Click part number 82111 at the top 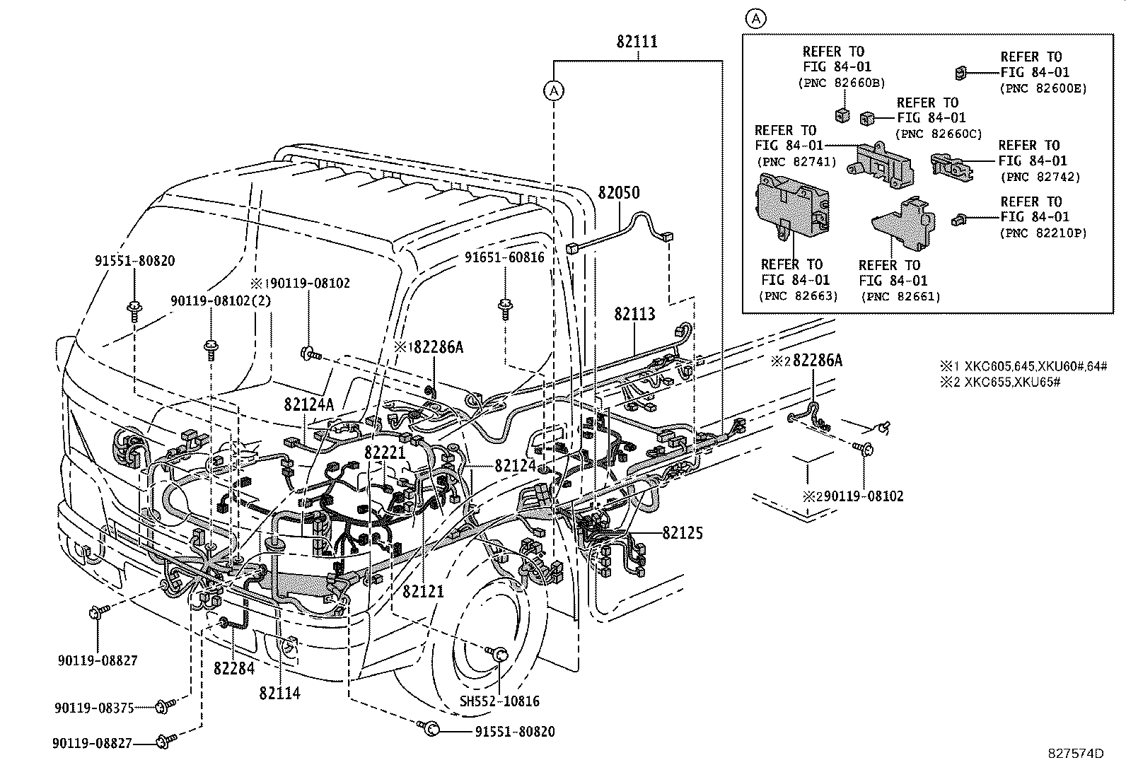637,42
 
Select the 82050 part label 618,192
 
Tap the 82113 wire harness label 634,314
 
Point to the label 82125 683,533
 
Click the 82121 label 424,591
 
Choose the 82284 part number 235,667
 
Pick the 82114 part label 279,694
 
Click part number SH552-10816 499,701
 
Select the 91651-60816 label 504,257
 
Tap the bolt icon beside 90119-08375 167,705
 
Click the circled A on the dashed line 554,90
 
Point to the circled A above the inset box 756,18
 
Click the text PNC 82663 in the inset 799,296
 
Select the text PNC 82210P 1043,233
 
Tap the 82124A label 308,405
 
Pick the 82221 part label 385,452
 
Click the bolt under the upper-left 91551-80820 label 134,308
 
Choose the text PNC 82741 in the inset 797,162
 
